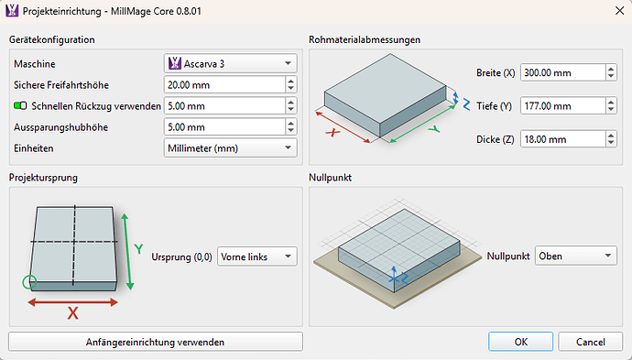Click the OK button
pos(520,342)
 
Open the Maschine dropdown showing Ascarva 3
pos(230,63)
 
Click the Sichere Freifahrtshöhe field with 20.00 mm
pos(223,84)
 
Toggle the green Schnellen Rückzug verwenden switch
pos(21,106)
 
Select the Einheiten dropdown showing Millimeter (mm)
pos(230,147)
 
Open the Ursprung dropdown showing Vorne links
pos(257,257)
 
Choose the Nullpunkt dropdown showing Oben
pos(575,256)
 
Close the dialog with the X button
pos(608,12)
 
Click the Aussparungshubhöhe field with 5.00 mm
pos(223,126)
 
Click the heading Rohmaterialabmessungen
pos(365,39)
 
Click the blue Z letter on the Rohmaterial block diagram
pos(467,104)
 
